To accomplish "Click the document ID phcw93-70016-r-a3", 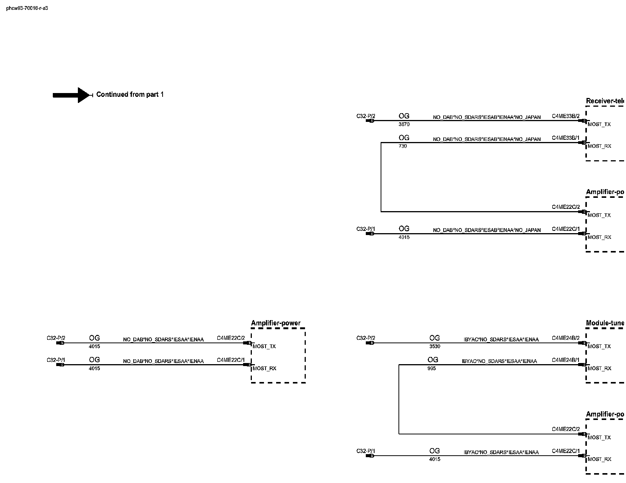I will [x=27, y=8].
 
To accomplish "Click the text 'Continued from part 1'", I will [x=130, y=95].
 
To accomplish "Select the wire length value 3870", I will [x=404, y=125].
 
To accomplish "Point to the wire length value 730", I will [x=403, y=147].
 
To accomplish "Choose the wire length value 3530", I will [x=435, y=347].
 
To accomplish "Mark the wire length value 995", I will [x=432, y=369].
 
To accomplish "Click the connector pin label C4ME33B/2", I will [x=566, y=116].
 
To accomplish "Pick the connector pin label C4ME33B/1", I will [x=566, y=138].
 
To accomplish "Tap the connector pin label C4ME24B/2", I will [x=566, y=338].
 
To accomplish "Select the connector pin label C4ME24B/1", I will [x=566, y=360].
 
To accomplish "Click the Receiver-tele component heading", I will [x=605, y=101].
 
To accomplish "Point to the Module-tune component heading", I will [x=605, y=323].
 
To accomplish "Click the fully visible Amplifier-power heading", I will [x=275, y=323].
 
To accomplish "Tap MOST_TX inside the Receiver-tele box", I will [x=599, y=125].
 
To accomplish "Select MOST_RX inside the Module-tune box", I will [x=599, y=369].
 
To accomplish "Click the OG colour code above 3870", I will [x=404, y=116].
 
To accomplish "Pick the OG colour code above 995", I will [x=433, y=360].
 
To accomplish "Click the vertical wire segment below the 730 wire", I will [x=381, y=177].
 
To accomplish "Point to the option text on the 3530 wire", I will [x=501, y=339].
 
